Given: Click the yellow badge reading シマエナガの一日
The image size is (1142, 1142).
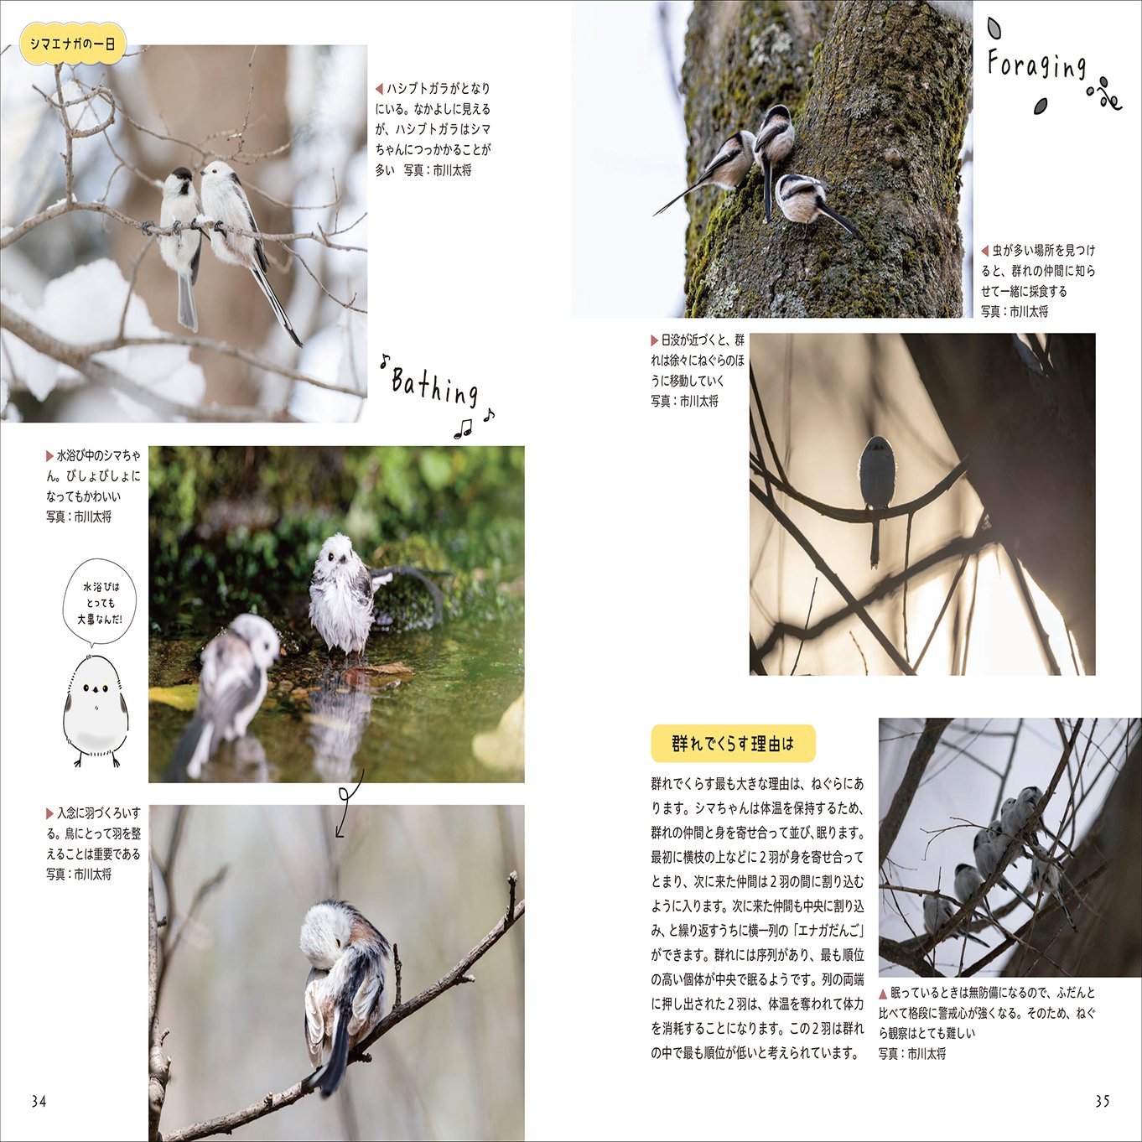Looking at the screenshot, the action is (x=73, y=44).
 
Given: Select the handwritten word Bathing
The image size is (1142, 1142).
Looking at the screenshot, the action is (x=434, y=387).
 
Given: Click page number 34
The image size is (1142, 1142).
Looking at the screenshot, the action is (x=39, y=1101).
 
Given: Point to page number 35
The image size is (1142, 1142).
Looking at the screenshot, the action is (x=1103, y=1101).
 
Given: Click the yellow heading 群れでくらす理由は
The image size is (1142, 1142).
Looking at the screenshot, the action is (x=733, y=743).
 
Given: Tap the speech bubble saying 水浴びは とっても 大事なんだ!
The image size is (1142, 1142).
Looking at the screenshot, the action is (x=100, y=603).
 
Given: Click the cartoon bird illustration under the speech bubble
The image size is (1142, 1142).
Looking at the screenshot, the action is (x=96, y=709).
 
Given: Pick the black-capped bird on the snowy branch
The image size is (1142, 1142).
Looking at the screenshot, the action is (x=181, y=243).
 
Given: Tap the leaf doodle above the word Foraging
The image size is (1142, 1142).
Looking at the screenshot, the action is (x=994, y=28).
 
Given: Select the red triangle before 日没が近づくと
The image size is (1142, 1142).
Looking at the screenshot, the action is (x=654, y=340).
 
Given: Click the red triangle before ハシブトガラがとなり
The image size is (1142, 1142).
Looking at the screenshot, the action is (x=379, y=89).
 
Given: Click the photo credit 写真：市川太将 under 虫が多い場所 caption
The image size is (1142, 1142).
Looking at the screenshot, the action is (x=1015, y=311).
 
